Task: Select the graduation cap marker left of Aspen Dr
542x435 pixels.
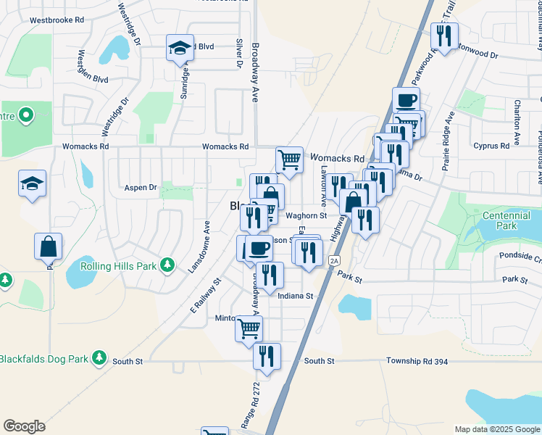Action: point(33,184)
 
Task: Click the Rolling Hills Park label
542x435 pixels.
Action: point(119,266)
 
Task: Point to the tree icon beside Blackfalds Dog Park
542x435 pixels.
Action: point(99,359)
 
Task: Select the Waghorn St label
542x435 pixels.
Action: point(307,215)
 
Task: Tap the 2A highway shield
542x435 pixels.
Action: point(334,260)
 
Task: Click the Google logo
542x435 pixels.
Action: point(24,426)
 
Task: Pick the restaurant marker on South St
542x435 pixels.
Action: point(267,356)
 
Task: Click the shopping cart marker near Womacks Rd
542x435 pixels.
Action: point(289,159)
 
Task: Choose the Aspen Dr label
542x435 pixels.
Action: point(141,187)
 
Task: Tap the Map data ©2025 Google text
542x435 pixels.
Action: point(497,429)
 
